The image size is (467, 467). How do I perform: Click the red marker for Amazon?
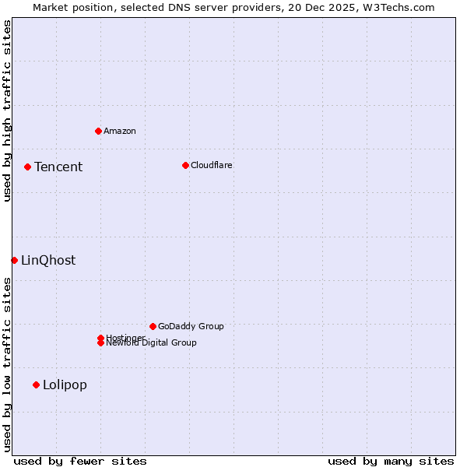pyautogui.click(x=98, y=131)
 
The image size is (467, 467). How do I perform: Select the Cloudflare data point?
pyautogui.click(x=185, y=165)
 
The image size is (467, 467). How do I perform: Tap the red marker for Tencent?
pyautogui.click(x=27, y=167)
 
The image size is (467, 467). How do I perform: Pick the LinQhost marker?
pyautogui.click(x=14, y=260)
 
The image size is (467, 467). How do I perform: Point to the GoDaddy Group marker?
pyautogui.click(x=153, y=326)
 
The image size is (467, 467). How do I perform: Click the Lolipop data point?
pyautogui.click(x=36, y=384)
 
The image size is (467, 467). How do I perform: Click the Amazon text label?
pyautogui.click(x=120, y=131)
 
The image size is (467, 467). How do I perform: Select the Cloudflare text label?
pyautogui.click(x=212, y=165)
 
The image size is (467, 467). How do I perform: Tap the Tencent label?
pyautogui.click(x=58, y=167)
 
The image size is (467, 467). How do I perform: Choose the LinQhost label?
pyautogui.click(x=48, y=260)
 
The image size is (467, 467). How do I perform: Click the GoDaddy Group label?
pyautogui.click(x=191, y=326)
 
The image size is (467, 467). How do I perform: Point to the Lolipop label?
pyautogui.click(x=65, y=384)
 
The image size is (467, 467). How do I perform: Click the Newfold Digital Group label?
pyautogui.click(x=152, y=343)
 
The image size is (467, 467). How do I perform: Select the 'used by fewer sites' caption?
pyautogui.click(x=80, y=461)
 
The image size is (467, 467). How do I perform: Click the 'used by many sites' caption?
pyautogui.click(x=391, y=461)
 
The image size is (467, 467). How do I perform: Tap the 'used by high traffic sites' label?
pyautogui.click(x=7, y=111)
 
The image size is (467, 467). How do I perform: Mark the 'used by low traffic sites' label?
pyautogui.click(x=7, y=364)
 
